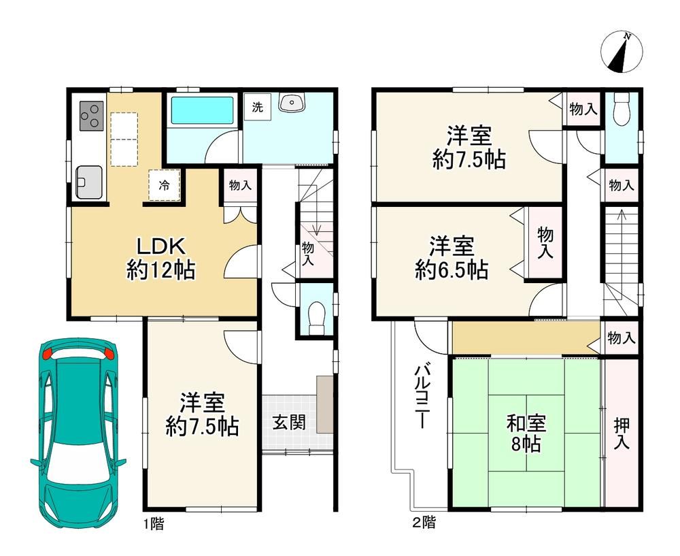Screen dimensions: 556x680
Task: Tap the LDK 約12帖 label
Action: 161,259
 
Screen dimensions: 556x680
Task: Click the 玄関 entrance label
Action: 289,423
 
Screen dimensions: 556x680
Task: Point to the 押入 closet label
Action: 622,434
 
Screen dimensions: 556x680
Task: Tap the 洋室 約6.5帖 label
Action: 452,258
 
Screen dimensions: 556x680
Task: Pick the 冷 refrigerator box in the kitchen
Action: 165,185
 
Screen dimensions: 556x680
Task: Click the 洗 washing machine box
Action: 258,108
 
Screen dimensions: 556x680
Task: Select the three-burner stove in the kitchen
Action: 92,116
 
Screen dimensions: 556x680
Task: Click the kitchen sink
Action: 89,182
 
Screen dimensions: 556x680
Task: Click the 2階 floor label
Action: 424,523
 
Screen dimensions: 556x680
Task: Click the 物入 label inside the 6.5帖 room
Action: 545,243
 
